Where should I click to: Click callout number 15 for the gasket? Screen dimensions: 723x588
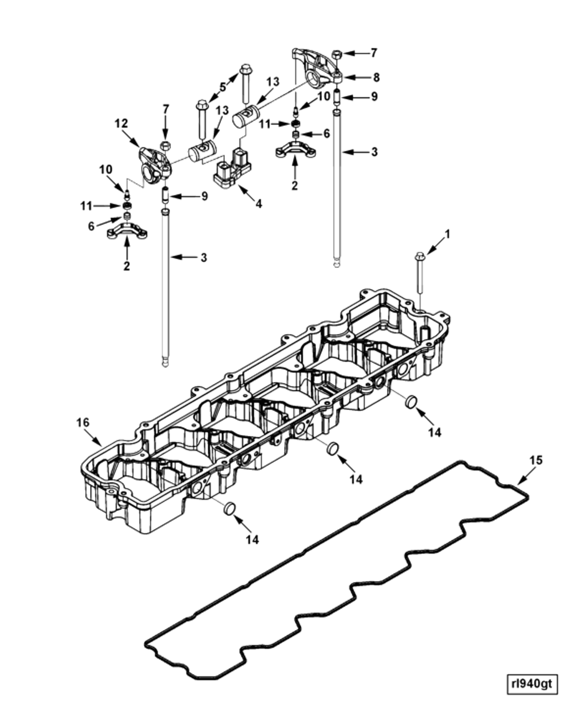coord(536,460)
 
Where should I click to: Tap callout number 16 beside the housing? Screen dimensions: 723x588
coord(83,422)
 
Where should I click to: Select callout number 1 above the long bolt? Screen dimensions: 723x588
coord(447,234)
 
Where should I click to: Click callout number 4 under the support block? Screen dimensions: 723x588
coord(258,203)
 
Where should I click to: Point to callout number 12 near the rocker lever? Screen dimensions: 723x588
coord(121,124)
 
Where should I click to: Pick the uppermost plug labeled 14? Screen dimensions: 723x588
coord(411,401)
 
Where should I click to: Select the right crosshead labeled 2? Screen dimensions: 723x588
coord(295,149)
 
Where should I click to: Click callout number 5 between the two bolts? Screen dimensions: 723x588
coord(223,87)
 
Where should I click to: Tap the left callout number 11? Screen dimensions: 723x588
coord(86,206)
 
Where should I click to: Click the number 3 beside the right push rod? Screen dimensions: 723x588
coord(374,152)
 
